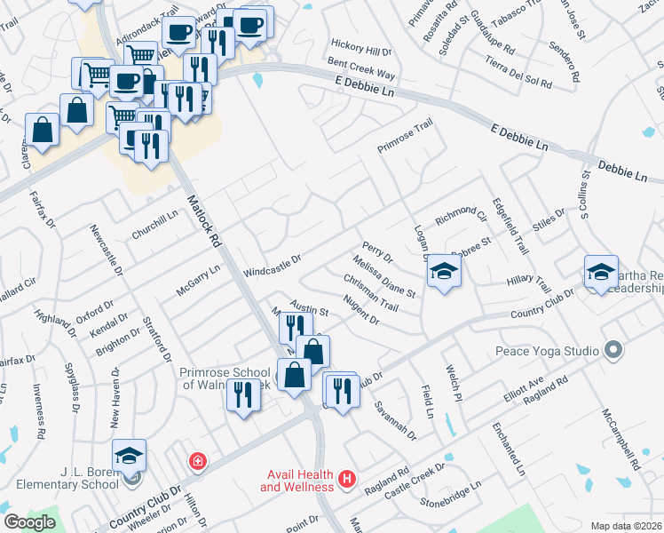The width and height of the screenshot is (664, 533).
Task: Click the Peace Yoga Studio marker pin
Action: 612,350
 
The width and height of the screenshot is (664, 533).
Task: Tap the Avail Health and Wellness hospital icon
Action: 347,481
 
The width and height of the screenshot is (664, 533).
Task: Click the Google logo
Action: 30,521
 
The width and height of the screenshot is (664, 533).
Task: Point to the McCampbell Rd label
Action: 619,440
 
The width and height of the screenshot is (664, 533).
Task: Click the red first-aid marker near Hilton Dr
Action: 196,462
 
